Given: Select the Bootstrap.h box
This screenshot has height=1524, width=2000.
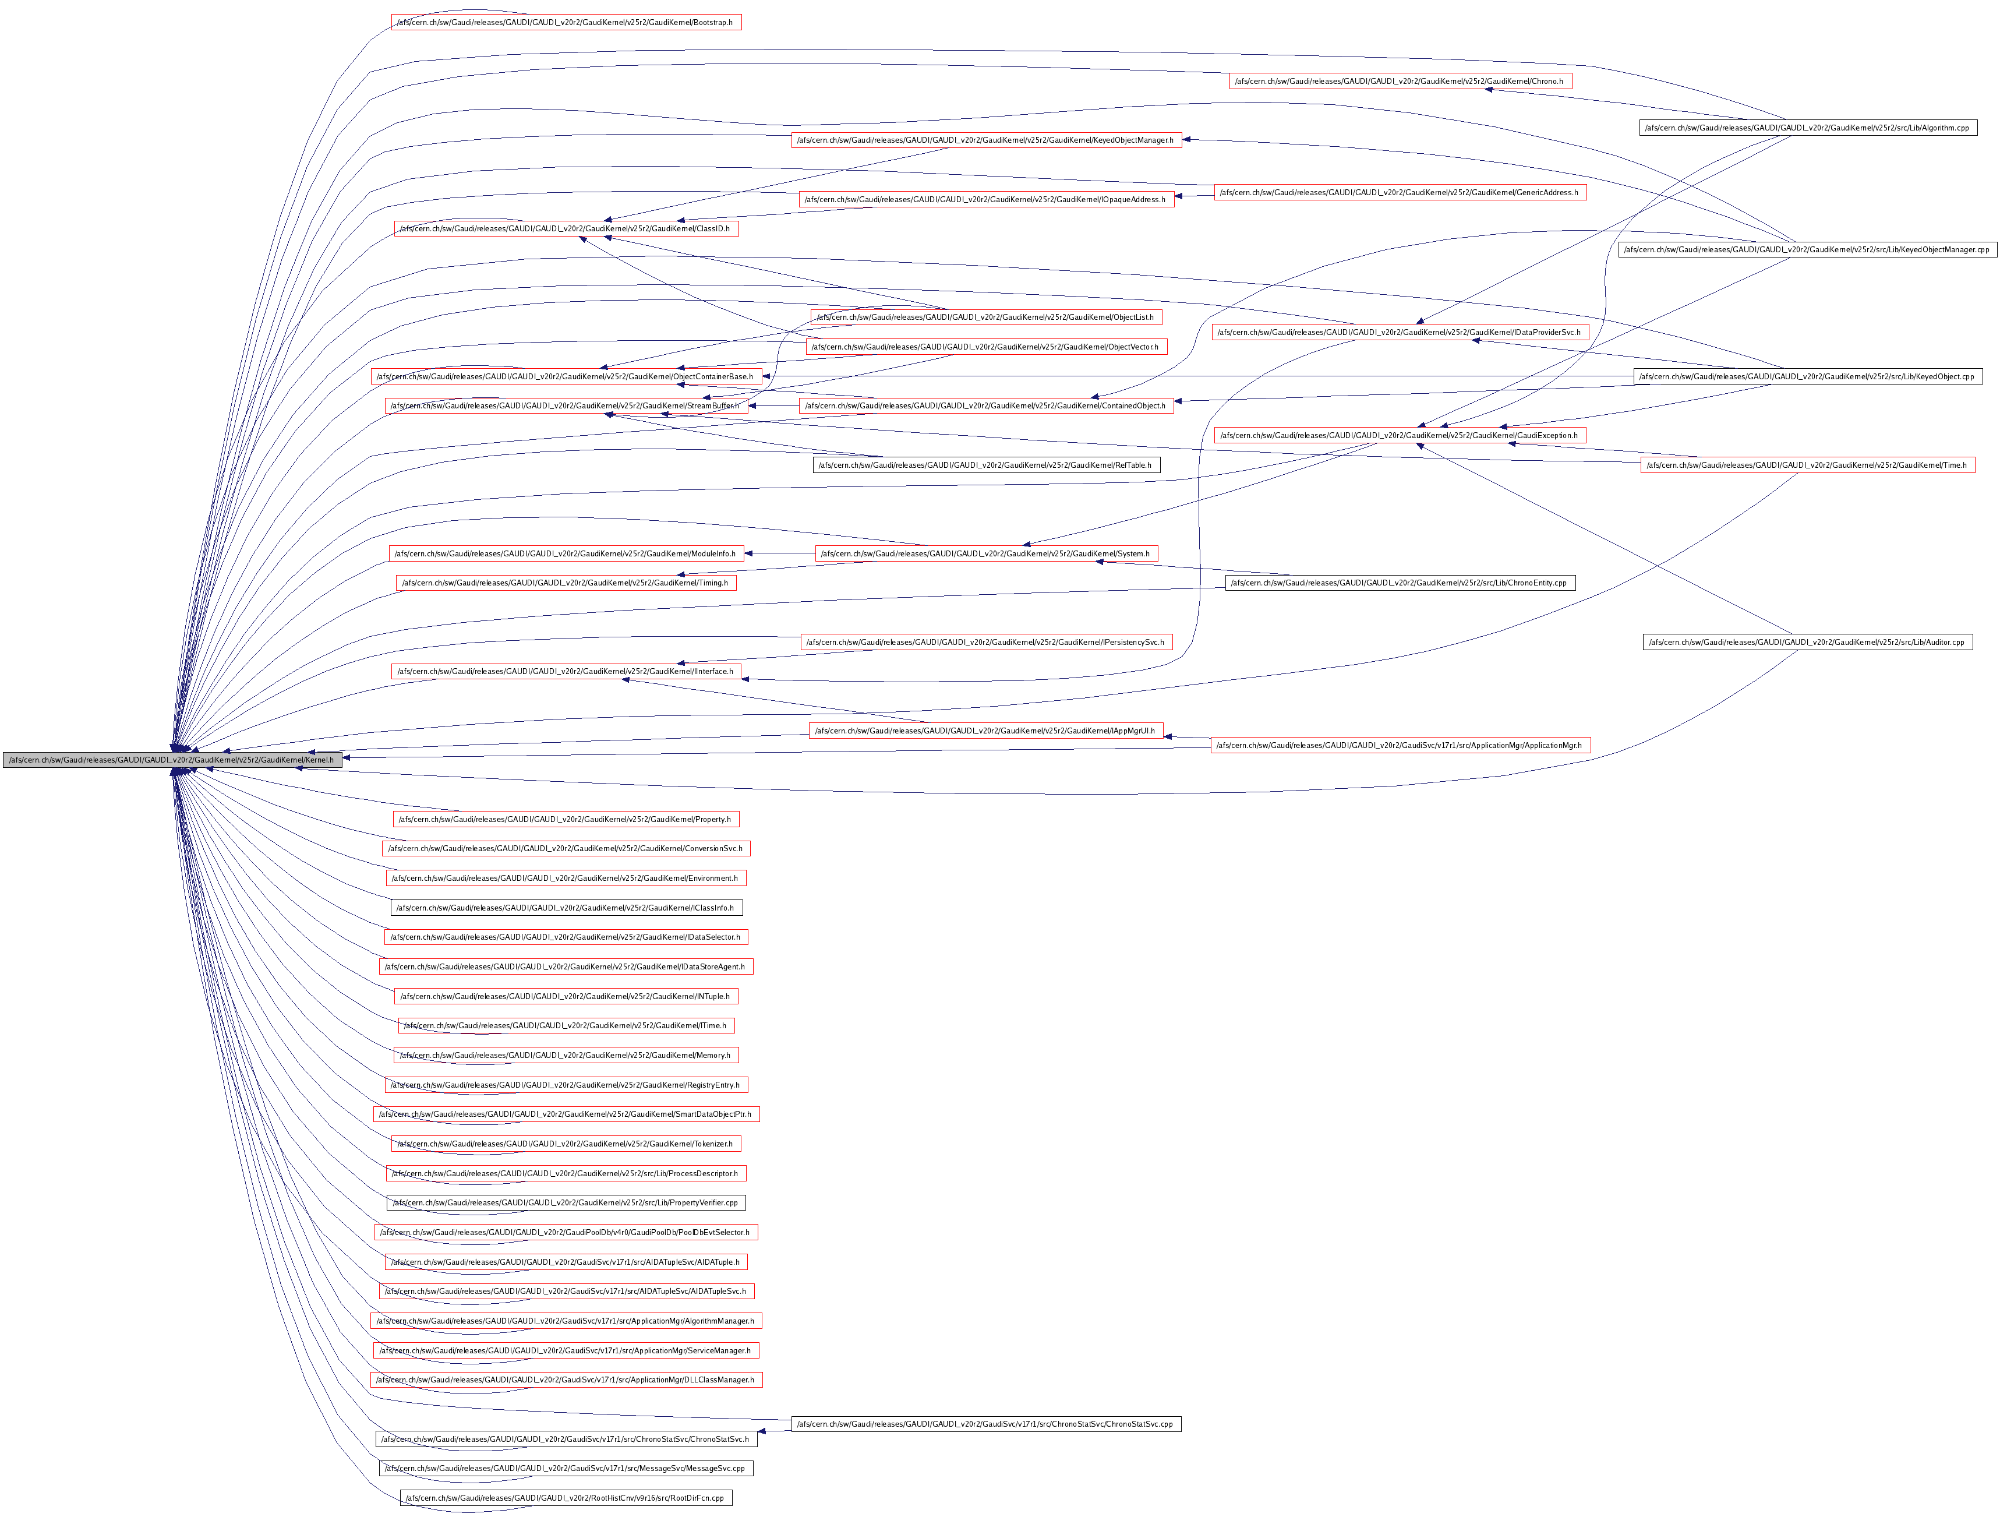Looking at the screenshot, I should coord(567,22).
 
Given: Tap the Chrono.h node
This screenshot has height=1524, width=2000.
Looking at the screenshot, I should coord(1401,82).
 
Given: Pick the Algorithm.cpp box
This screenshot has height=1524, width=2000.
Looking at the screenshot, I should coord(1808,128).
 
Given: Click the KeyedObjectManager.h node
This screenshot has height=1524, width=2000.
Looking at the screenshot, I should coord(986,140).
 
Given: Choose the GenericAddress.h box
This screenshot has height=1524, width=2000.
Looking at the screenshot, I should coord(1400,192).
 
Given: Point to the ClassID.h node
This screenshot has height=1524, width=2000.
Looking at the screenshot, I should coord(566,228).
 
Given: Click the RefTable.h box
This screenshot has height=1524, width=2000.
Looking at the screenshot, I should coord(986,465).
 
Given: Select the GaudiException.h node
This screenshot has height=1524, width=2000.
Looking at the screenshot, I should coord(1400,435).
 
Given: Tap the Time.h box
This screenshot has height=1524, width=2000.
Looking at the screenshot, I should coord(1808,465).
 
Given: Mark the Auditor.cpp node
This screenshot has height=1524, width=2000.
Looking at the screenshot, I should coord(1808,642).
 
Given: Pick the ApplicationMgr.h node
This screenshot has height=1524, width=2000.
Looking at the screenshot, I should coord(1400,746).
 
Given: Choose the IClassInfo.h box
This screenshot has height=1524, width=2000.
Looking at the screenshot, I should coord(567,907).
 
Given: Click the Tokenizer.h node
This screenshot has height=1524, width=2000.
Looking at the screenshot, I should coord(567,1144).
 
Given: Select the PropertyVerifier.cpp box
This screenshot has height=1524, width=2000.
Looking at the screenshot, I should coord(567,1203).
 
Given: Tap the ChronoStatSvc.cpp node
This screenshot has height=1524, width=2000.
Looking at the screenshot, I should coord(986,1424).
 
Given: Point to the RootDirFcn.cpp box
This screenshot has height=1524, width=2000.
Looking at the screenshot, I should coord(566,1498).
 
